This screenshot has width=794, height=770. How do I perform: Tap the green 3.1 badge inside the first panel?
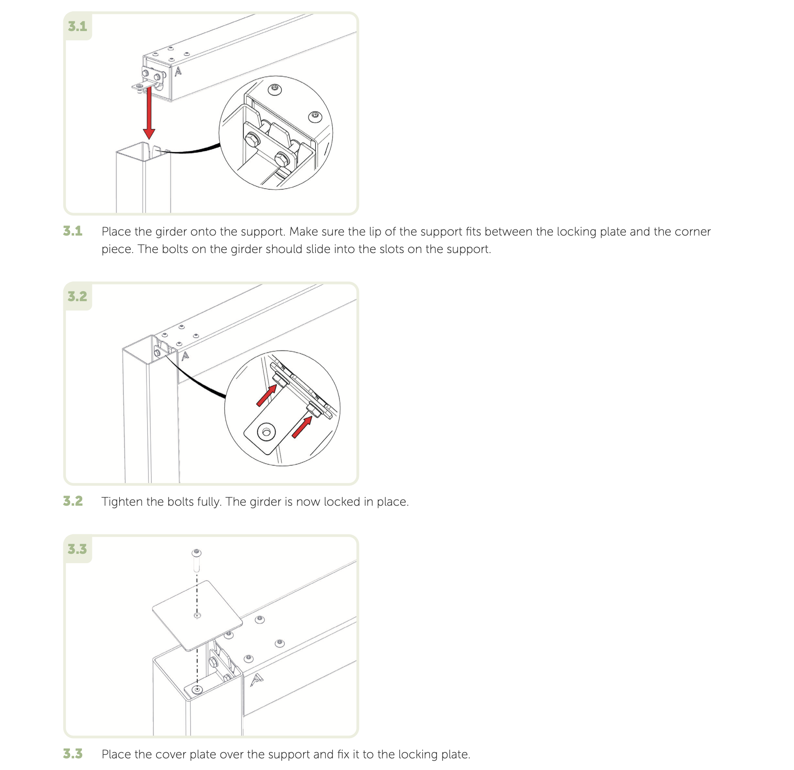point(77,27)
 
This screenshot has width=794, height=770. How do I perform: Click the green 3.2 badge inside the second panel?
point(77,297)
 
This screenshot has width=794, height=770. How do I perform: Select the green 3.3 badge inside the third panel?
point(77,549)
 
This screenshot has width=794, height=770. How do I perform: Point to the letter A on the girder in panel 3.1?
point(178,72)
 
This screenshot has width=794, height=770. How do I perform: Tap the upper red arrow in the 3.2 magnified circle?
point(267,395)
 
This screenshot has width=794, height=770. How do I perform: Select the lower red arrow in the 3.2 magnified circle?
point(302,427)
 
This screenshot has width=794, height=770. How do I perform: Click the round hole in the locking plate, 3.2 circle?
point(266,432)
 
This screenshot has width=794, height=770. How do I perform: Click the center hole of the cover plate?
point(197,616)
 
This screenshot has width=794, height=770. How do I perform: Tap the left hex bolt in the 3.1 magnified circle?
point(252,140)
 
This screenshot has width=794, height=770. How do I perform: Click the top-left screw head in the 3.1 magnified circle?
point(275,89)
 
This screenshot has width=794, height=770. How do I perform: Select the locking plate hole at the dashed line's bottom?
point(197,689)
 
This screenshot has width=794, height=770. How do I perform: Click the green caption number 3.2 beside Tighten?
point(73,501)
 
